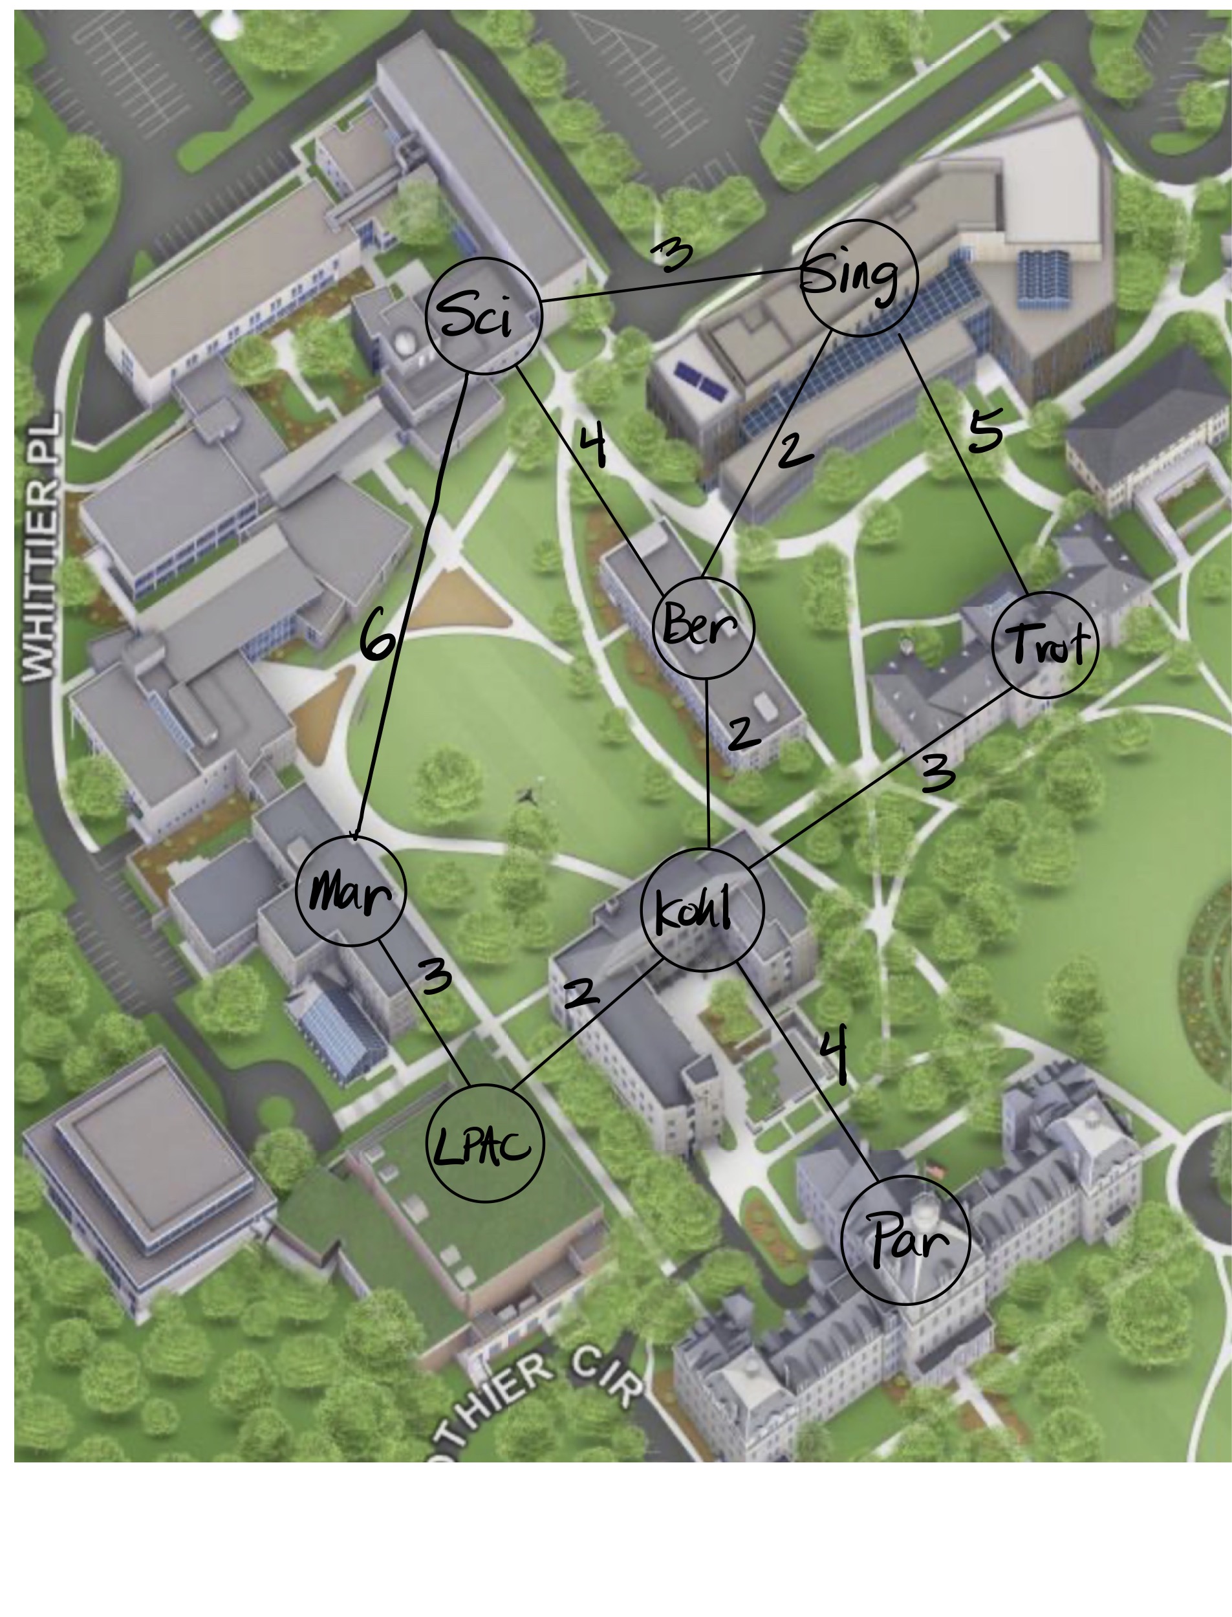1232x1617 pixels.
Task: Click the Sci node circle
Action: pos(484,316)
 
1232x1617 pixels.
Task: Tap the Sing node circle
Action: pos(859,278)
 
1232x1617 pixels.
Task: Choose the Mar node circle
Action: pos(351,890)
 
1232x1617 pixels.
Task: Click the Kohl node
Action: pos(702,910)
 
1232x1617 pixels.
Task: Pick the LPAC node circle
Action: pos(485,1144)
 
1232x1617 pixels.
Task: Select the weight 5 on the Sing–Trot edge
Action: pos(985,433)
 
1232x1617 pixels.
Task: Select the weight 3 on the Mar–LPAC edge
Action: pos(436,977)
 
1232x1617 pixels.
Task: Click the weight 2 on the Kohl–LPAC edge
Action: pos(581,993)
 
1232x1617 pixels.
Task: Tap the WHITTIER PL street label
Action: pos(40,547)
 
